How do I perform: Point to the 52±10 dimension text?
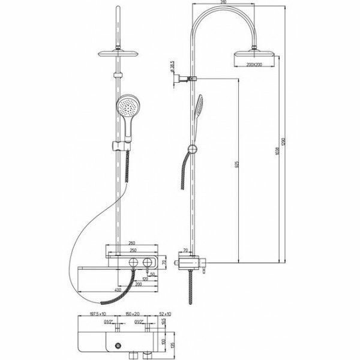[166, 313]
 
